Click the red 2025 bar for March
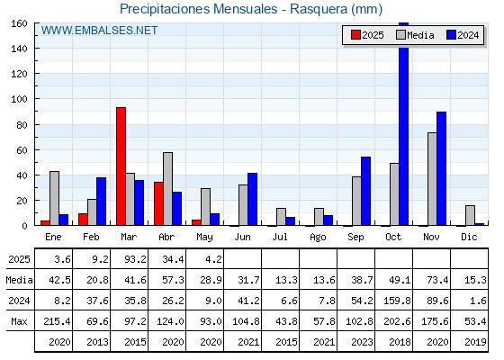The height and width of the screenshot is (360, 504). [121, 166]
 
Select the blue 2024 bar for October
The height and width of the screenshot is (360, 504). [404, 124]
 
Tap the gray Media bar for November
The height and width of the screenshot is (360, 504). [432, 179]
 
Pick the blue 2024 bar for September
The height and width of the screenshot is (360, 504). [365, 191]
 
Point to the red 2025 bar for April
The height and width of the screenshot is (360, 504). [158, 203]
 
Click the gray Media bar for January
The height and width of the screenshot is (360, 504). [54, 198]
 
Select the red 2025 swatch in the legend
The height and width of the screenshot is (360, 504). [355, 35]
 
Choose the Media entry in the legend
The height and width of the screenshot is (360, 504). [415, 35]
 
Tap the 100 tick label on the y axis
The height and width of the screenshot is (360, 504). [19, 99]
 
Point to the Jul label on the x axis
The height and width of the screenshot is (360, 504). [280, 237]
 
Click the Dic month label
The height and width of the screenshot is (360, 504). [469, 237]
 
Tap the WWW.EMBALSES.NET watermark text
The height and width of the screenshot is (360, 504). [99, 31]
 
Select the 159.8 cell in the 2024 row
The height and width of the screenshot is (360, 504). [397, 301]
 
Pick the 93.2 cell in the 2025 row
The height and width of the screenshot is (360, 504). [135, 259]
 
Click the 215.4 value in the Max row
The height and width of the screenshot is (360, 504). [57, 321]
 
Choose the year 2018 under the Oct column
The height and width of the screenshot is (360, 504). [400, 342]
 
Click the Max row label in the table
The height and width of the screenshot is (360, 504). [19, 321]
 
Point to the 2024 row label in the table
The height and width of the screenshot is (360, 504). [19, 301]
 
